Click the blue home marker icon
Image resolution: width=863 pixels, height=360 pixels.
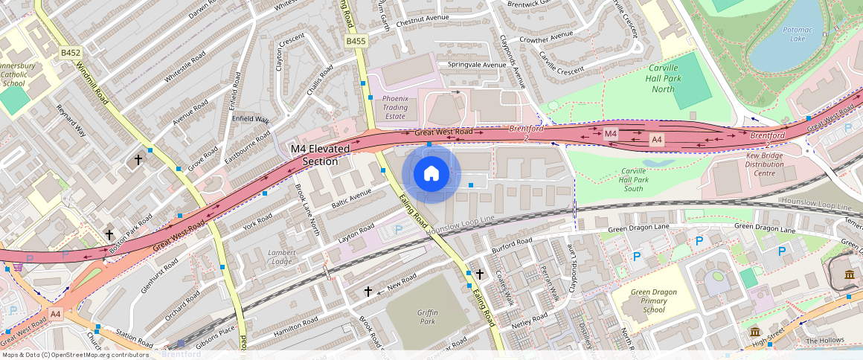[431, 174]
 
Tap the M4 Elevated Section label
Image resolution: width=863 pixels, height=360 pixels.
[320, 155]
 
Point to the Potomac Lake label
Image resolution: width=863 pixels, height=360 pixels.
[794, 33]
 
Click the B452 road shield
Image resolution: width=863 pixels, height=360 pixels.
[71, 53]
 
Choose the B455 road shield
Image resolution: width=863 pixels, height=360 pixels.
[356, 42]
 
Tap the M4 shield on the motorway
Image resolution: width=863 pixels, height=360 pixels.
[610, 133]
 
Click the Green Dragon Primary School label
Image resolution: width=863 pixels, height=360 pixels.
[653, 300]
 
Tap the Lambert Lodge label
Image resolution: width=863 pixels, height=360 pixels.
[281, 257]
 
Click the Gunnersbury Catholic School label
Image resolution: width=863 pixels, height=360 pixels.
[16, 74]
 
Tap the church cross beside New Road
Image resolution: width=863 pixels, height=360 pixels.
[368, 292]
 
